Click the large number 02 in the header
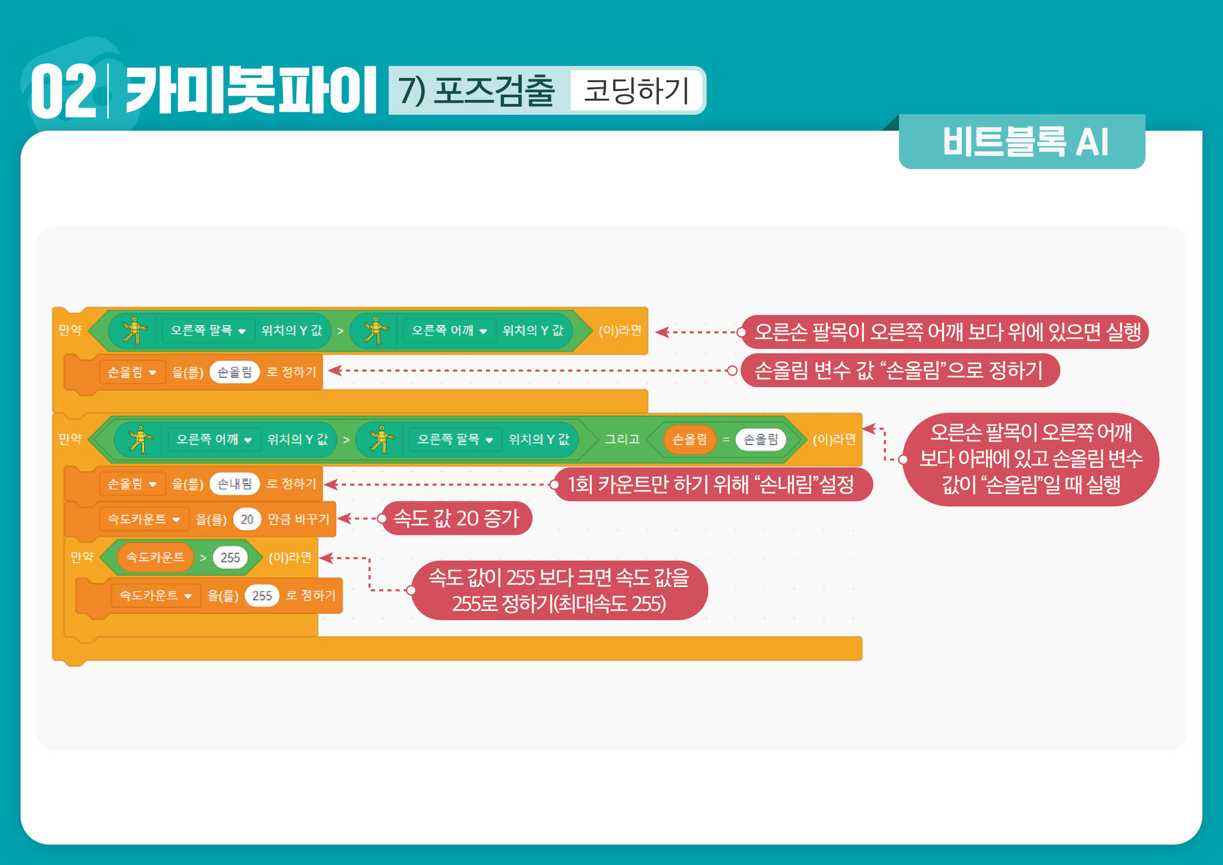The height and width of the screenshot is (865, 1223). click(x=64, y=91)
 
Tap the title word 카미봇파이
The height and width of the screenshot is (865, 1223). click(x=250, y=91)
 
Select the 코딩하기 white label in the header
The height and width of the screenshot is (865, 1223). click(x=636, y=91)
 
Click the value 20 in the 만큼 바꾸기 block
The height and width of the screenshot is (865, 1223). click(x=247, y=520)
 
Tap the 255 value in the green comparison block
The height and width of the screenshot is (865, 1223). click(x=230, y=558)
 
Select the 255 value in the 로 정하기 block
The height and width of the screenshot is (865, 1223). click(x=262, y=596)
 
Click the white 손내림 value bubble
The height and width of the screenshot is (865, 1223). click(x=235, y=484)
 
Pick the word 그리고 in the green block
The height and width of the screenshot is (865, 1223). click(x=621, y=439)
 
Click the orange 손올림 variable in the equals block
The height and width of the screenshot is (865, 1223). click(x=690, y=439)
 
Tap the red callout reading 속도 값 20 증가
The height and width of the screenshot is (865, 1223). click(x=456, y=518)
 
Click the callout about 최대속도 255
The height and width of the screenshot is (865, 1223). click(x=559, y=590)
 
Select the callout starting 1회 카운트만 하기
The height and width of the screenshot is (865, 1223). click(x=711, y=484)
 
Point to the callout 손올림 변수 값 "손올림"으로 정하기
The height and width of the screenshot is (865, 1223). click(x=899, y=370)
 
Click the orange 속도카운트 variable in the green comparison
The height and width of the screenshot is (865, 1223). click(x=156, y=558)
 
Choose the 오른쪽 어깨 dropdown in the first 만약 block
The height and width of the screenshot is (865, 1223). click(x=449, y=331)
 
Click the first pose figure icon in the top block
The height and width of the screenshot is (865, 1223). click(x=134, y=331)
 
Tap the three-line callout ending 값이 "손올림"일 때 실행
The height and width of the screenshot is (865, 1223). click(x=1031, y=459)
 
